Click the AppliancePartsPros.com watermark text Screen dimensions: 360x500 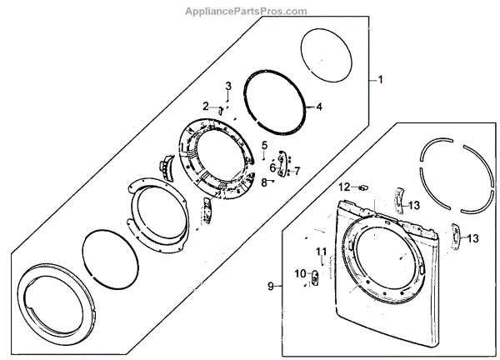coord(249,10)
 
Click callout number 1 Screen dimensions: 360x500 coord(380,80)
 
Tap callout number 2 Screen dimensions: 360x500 coord(205,105)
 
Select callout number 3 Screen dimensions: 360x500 coord(227,86)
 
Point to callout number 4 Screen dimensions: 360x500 coord(318,107)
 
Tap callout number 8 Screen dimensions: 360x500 coord(263,181)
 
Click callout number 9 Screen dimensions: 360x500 coord(270,287)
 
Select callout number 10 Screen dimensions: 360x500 coord(299,272)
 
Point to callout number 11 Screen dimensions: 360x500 coord(321,252)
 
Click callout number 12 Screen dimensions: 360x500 coord(344,186)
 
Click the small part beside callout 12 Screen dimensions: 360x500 coord(362,187)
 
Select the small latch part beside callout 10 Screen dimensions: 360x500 coord(313,278)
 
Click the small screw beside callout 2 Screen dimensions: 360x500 coord(220,107)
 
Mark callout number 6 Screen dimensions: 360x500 coord(272,167)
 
